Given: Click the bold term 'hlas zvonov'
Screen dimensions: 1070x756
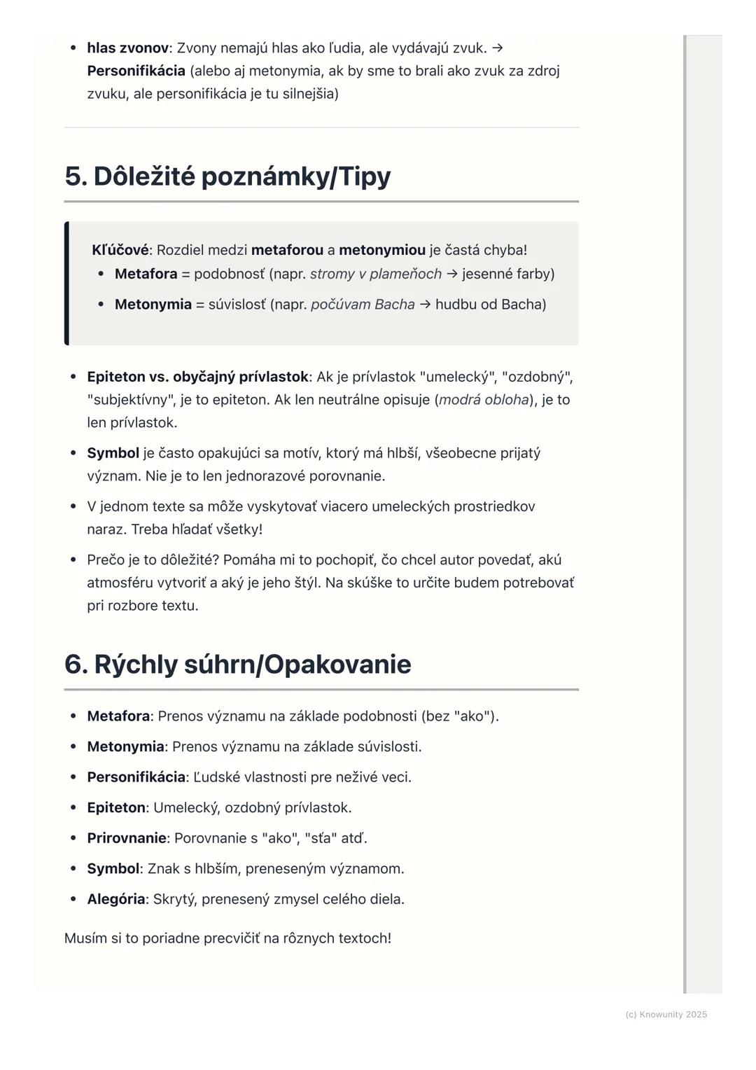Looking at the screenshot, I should click(x=127, y=48).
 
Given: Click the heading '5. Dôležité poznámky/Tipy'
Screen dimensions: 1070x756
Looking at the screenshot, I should click(x=227, y=176).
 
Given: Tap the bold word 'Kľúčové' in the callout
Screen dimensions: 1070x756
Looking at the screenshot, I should click(x=120, y=250).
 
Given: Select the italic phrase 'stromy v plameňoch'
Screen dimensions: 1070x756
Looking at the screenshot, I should click(x=376, y=274).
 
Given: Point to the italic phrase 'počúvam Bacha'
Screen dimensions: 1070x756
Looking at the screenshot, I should click(x=363, y=305).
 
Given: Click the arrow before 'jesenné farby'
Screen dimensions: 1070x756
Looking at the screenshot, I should click(x=452, y=274).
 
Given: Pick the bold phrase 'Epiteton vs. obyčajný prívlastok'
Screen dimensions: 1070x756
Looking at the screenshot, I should click(x=197, y=377).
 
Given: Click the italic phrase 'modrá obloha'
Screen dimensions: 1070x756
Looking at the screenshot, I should click(x=484, y=400).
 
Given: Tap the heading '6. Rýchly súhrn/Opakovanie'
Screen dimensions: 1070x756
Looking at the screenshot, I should click(x=237, y=665).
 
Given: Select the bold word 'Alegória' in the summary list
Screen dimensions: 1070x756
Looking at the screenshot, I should click(x=116, y=899).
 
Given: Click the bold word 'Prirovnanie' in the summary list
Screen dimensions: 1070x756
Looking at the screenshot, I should click(x=127, y=838).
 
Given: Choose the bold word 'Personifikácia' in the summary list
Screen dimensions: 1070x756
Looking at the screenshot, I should click(x=136, y=777).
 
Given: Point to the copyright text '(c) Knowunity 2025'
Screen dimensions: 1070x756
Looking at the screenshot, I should click(x=666, y=1015).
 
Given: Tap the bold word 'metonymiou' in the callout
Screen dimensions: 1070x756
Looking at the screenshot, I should click(x=382, y=250).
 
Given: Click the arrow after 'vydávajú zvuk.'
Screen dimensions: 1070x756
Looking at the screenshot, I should click(x=497, y=48).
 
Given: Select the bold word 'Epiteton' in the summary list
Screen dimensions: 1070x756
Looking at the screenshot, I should click(x=116, y=808).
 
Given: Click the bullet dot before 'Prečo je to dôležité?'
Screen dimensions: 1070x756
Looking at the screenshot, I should click(x=73, y=560).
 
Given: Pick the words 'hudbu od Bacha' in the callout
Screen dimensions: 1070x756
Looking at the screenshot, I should click(x=491, y=305).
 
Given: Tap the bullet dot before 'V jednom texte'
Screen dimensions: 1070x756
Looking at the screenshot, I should click(x=73, y=506).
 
